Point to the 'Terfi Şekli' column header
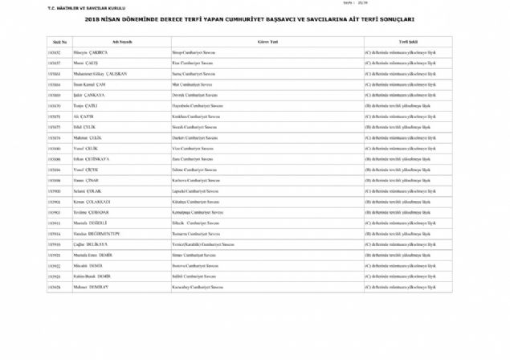click(x=407, y=41)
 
